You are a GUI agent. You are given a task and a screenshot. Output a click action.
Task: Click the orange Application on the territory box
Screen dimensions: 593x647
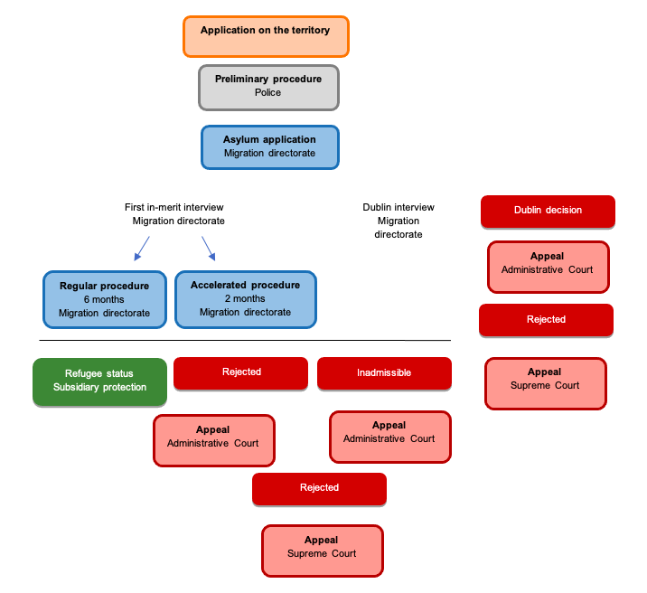pos(265,36)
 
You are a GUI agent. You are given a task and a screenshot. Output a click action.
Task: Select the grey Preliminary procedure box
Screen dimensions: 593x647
pos(268,87)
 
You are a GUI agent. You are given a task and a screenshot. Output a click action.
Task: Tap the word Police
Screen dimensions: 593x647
pos(267,92)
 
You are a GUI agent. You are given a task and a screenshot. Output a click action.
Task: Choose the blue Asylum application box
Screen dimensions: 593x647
pos(269,146)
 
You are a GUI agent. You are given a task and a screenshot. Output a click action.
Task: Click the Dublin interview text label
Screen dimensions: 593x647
pos(399,221)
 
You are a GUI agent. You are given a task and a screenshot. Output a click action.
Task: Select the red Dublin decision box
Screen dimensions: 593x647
pos(548,211)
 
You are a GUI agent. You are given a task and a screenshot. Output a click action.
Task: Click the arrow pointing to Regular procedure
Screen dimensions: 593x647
pos(141,247)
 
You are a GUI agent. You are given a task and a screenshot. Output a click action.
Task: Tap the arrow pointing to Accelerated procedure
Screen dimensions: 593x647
pos(209,247)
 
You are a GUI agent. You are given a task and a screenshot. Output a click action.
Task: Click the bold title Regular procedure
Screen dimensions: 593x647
pos(104,286)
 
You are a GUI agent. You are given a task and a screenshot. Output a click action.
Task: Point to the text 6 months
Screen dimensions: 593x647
pos(104,299)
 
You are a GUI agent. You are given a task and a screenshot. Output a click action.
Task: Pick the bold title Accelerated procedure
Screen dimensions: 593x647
pos(245,285)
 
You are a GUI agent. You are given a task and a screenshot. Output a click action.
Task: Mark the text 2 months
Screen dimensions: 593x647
pos(245,298)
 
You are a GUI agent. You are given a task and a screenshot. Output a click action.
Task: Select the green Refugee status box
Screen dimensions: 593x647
pos(99,381)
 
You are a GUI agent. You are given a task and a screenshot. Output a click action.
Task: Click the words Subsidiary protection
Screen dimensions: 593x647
pos(99,388)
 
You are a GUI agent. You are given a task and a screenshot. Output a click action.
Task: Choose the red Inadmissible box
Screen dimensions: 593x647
pos(384,372)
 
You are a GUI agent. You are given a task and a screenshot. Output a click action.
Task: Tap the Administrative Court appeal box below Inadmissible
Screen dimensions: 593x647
pos(389,437)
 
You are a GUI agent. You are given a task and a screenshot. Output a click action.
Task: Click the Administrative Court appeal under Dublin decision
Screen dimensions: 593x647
pos(548,267)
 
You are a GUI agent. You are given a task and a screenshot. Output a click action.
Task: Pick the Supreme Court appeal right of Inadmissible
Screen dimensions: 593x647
pos(546,383)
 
